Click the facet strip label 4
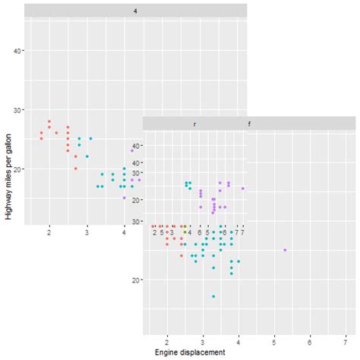pyautogui.click(x=135, y=11)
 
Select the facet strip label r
pyautogui.click(x=195, y=123)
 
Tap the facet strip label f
pyautogui.click(x=250, y=123)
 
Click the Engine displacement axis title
pyautogui.click(x=190, y=353)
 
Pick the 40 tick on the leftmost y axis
pyautogui.click(x=17, y=50)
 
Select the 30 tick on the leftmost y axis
pyautogui.click(x=17, y=109)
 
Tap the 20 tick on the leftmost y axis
pyautogui.click(x=17, y=169)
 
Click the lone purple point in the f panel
pyautogui.click(x=285, y=250)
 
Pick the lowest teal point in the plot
pyautogui.click(x=213, y=296)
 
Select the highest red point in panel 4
pyautogui.click(x=49, y=122)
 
